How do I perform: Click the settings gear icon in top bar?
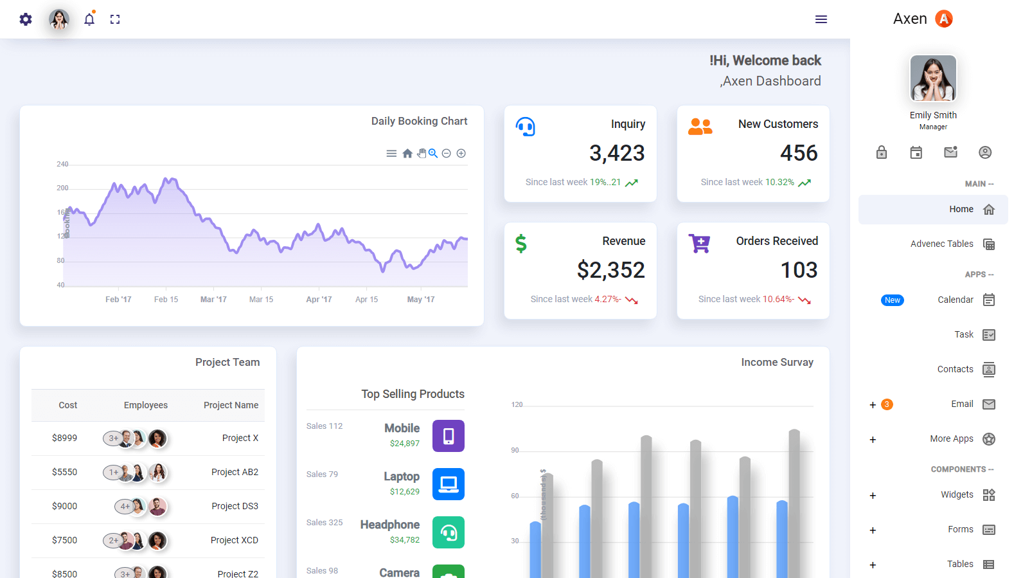26,19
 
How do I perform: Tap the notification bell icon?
89,19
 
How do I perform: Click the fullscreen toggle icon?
115,19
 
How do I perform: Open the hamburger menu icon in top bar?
821,19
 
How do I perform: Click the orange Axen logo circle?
943,19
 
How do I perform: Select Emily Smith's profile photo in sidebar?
933,78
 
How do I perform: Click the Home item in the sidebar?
961,210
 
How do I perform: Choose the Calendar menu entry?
956,300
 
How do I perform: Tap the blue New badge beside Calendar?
892,300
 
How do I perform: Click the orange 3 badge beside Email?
887,404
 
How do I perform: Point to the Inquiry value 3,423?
617,153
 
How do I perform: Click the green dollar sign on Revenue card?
521,244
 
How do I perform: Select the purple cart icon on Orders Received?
699,244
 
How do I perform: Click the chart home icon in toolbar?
407,154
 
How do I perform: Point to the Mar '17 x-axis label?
213,300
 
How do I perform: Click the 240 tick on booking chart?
62,165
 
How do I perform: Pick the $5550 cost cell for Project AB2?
64,472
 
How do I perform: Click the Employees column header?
146,405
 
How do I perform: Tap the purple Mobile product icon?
449,436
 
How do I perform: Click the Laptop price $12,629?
404,492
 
